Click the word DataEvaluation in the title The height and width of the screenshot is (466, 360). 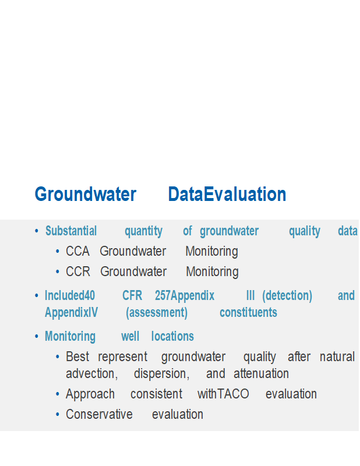point(227,194)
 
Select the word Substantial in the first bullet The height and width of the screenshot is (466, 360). point(71,231)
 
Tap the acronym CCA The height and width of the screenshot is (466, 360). point(77,251)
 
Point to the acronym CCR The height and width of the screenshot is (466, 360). point(78,271)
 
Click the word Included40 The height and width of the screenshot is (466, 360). point(70,295)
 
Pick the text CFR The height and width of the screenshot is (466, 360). point(132,295)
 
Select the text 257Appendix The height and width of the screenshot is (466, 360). point(185,296)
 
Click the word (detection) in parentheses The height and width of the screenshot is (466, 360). point(287,296)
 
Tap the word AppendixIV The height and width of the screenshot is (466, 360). point(71,313)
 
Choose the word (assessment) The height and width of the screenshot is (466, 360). point(157,313)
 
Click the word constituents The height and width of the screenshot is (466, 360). point(248,312)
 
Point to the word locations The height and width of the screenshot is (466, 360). point(172,337)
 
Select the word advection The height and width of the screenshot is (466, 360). point(92,373)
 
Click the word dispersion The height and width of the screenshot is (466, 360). point(162,374)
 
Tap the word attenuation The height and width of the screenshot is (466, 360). point(262,373)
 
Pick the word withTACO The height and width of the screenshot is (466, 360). point(223,394)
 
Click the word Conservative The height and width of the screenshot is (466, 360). point(99,414)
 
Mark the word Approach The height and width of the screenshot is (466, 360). point(90,394)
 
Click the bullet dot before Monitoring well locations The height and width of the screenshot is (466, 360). point(37,337)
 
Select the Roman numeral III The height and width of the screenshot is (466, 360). point(250,295)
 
